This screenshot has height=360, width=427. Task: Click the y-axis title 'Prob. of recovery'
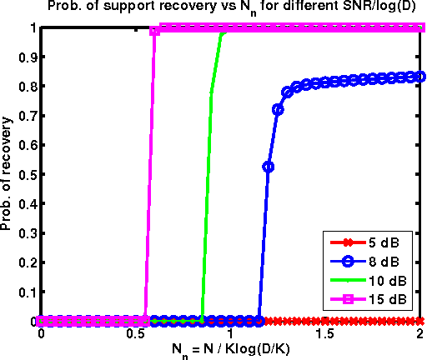tap(8, 174)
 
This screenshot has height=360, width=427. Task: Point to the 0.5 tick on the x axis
tap(136, 332)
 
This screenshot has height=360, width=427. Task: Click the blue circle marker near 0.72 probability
tap(278, 109)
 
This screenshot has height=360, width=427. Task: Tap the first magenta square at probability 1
tap(155, 31)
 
